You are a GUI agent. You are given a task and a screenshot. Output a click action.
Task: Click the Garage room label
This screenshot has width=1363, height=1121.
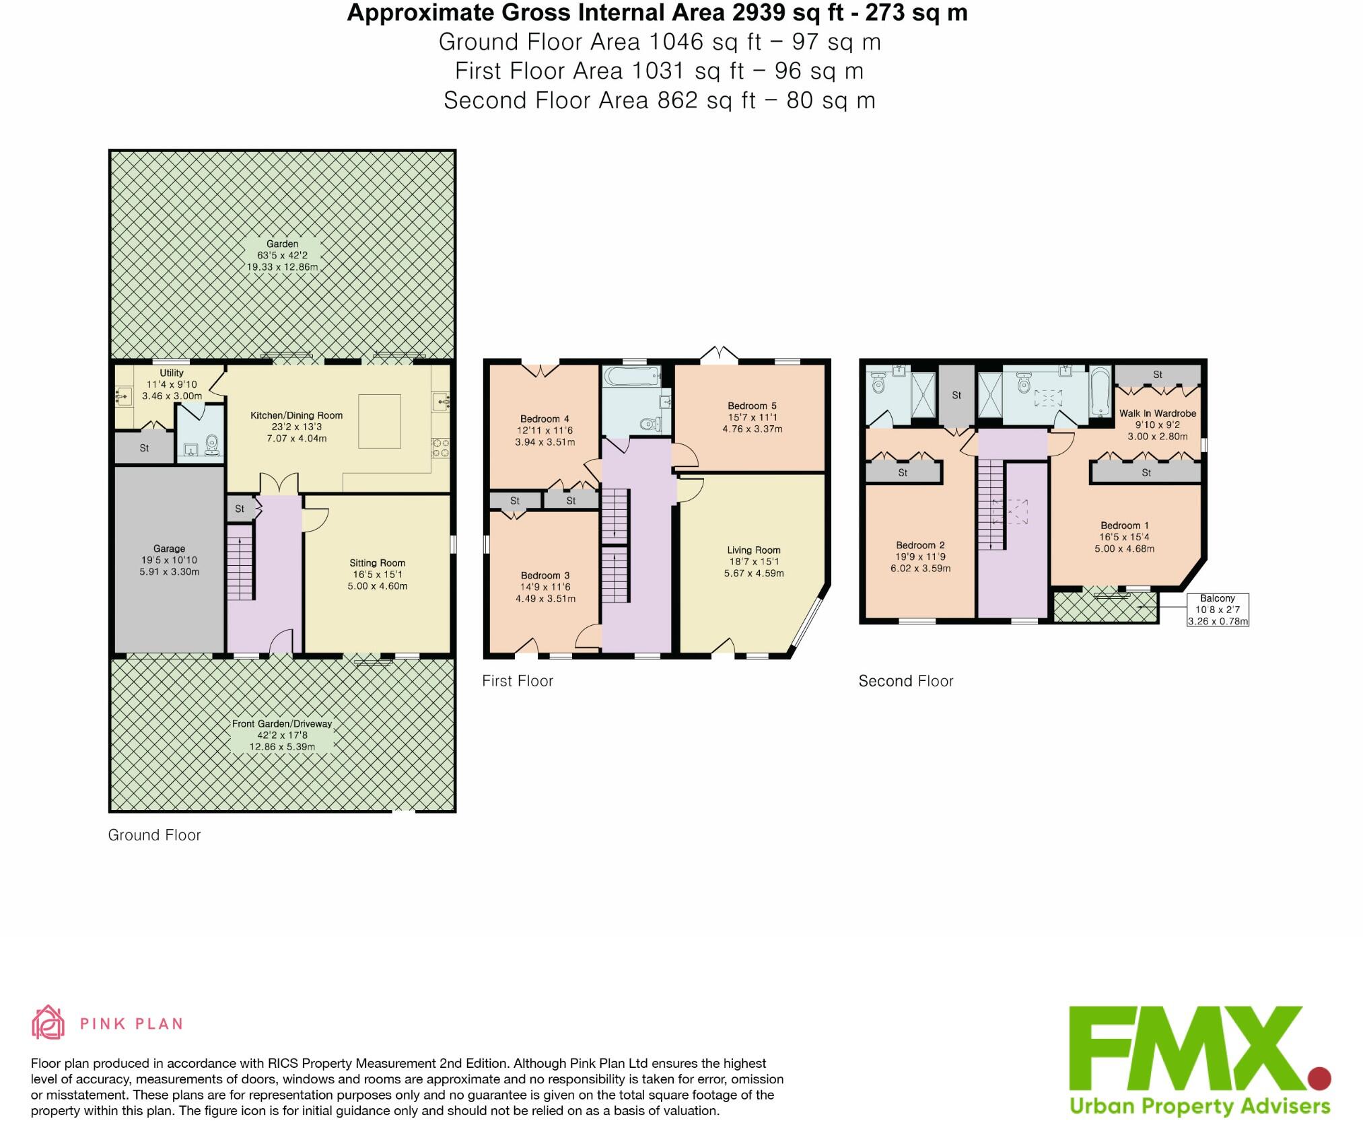[x=169, y=548]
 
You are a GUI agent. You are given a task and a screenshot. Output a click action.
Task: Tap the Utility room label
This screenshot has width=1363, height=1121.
[x=172, y=373]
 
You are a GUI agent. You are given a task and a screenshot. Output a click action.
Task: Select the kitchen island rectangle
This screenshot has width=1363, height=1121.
[x=380, y=421]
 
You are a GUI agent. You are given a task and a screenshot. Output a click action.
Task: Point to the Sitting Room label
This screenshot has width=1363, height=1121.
[x=377, y=563]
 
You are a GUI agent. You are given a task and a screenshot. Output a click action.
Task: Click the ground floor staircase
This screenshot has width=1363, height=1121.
[x=241, y=563]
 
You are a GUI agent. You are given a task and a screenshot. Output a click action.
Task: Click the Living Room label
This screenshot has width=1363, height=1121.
[x=753, y=550]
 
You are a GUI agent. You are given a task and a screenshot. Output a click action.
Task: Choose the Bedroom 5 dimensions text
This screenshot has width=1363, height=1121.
[x=752, y=429]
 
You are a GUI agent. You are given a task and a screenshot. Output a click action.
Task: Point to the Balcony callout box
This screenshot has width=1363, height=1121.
[x=1218, y=610]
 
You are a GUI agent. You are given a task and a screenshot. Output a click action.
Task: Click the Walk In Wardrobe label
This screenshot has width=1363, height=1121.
[x=1157, y=413]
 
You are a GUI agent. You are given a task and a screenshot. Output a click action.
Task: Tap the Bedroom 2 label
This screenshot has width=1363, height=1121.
[x=920, y=545]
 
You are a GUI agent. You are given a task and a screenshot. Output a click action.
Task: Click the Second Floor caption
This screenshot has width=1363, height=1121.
[x=905, y=681]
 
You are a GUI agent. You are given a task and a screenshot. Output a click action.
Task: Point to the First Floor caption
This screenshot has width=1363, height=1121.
[x=517, y=681]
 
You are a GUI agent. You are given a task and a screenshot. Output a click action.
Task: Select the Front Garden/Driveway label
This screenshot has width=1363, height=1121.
[x=282, y=724]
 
